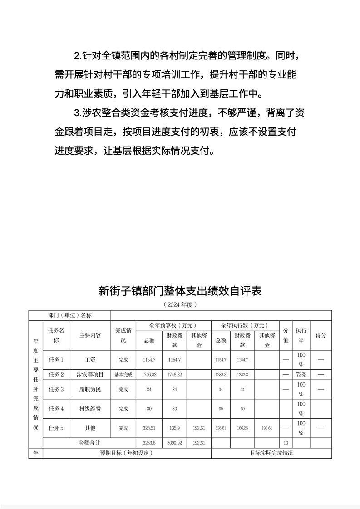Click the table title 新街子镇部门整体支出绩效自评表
(180, 291)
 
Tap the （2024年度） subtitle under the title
(180, 305)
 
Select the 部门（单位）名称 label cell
(70, 315)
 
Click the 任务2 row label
(56, 375)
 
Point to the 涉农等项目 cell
(90, 375)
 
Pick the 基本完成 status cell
(123, 375)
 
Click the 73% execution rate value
(301, 375)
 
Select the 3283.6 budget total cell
(149, 443)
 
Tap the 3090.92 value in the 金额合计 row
(175, 443)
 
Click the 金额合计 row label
(89, 443)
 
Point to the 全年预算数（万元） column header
(174, 326)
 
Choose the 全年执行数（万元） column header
(245, 326)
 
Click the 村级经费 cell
(90, 409)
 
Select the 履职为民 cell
(90, 389)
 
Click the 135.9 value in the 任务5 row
(175, 428)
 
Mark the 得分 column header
(321, 335)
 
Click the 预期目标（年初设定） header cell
(127, 453)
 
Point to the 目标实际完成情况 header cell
(271, 453)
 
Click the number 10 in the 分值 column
(286, 443)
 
